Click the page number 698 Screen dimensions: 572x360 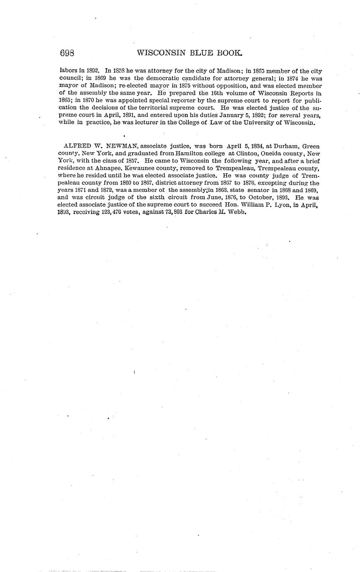67,53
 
